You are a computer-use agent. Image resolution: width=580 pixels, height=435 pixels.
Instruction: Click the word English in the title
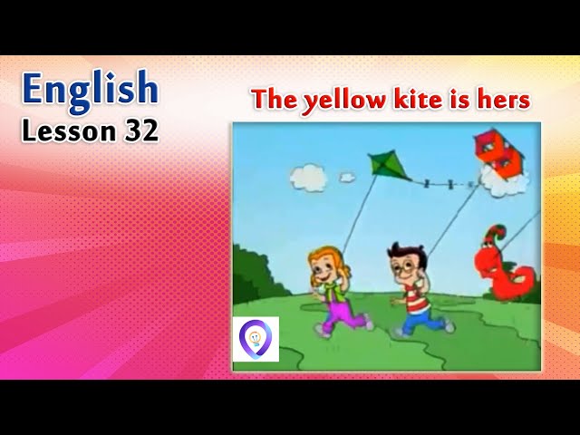point(90,89)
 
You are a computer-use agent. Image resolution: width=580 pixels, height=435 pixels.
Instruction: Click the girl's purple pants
point(343,314)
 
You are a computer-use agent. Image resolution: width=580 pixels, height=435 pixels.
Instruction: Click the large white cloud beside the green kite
point(308,177)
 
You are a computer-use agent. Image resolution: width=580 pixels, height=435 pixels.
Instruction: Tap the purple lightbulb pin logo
point(255,338)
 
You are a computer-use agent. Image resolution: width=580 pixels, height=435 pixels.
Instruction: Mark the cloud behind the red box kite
point(506,181)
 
